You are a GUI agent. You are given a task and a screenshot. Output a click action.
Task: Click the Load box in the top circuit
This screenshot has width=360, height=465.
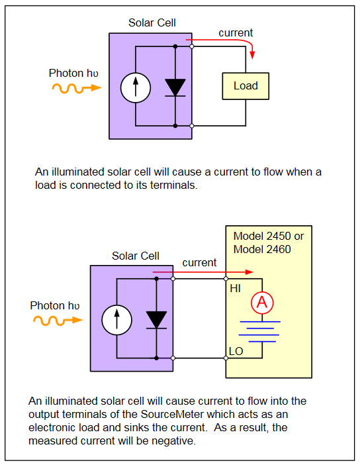(246, 86)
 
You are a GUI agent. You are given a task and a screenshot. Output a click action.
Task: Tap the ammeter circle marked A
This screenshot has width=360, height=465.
(262, 303)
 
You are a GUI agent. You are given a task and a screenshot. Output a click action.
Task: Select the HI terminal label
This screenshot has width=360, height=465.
(236, 289)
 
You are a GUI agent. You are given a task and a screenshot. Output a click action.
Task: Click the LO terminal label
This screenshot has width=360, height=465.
(236, 351)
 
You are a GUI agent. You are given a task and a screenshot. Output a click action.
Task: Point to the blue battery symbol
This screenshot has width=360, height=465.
(259, 332)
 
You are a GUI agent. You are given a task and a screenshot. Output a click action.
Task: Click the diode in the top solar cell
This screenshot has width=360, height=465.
(175, 88)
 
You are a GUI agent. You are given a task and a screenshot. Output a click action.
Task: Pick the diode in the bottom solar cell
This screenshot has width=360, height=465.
(156, 320)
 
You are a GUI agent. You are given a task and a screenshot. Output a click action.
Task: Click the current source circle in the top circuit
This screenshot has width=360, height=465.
(136, 88)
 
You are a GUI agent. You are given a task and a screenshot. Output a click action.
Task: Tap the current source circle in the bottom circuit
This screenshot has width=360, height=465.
(116, 320)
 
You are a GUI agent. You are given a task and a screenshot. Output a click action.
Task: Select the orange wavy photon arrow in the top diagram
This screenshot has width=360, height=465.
(77, 88)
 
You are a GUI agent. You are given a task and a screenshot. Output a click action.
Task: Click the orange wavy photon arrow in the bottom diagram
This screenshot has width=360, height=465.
(58, 321)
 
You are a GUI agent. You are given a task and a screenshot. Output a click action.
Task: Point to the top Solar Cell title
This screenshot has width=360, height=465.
(152, 23)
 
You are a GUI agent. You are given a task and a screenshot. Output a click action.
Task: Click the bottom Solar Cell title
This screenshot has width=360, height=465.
(136, 256)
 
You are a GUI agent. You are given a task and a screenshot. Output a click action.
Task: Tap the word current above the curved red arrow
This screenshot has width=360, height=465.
(236, 32)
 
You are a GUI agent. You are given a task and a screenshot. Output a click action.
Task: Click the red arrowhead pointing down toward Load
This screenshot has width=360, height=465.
(252, 55)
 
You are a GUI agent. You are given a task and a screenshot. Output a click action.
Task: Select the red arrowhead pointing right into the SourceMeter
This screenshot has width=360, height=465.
(249, 272)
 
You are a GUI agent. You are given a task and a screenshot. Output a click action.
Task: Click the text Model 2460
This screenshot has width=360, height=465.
(262, 249)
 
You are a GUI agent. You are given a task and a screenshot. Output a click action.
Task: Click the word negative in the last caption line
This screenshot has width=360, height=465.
(173, 441)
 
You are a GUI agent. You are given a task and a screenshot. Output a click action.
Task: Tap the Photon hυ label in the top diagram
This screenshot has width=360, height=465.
(73, 73)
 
